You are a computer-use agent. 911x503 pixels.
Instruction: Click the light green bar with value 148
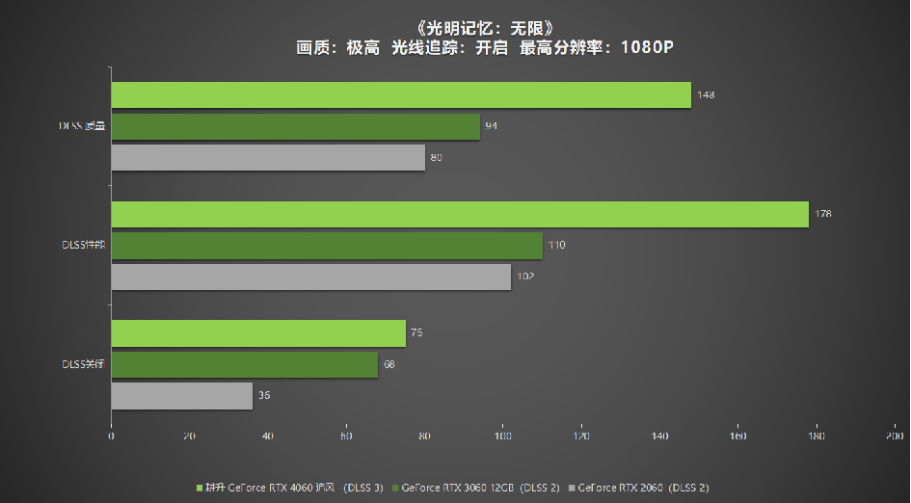[x=400, y=95]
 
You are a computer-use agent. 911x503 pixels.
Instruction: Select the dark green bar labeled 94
[x=295, y=127]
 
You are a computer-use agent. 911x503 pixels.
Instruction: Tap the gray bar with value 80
[x=268, y=158]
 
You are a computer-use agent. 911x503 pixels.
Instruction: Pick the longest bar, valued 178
[x=459, y=215]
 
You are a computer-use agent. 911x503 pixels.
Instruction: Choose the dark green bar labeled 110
[x=327, y=246]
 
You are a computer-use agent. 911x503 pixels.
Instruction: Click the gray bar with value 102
[x=310, y=278]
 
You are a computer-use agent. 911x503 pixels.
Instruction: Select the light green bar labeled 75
[x=258, y=333]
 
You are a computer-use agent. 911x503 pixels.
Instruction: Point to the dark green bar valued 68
[x=244, y=365]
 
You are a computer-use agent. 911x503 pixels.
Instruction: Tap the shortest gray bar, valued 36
[x=181, y=396]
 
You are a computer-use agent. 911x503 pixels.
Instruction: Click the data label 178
[x=822, y=214]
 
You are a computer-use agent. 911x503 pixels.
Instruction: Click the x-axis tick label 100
[x=502, y=437]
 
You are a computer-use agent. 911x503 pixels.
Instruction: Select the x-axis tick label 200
[x=894, y=437]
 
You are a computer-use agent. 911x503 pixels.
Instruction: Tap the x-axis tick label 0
[x=111, y=437]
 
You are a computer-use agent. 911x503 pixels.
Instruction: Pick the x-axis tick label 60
[x=346, y=437]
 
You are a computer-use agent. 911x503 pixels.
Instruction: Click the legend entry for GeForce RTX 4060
[x=289, y=487]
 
